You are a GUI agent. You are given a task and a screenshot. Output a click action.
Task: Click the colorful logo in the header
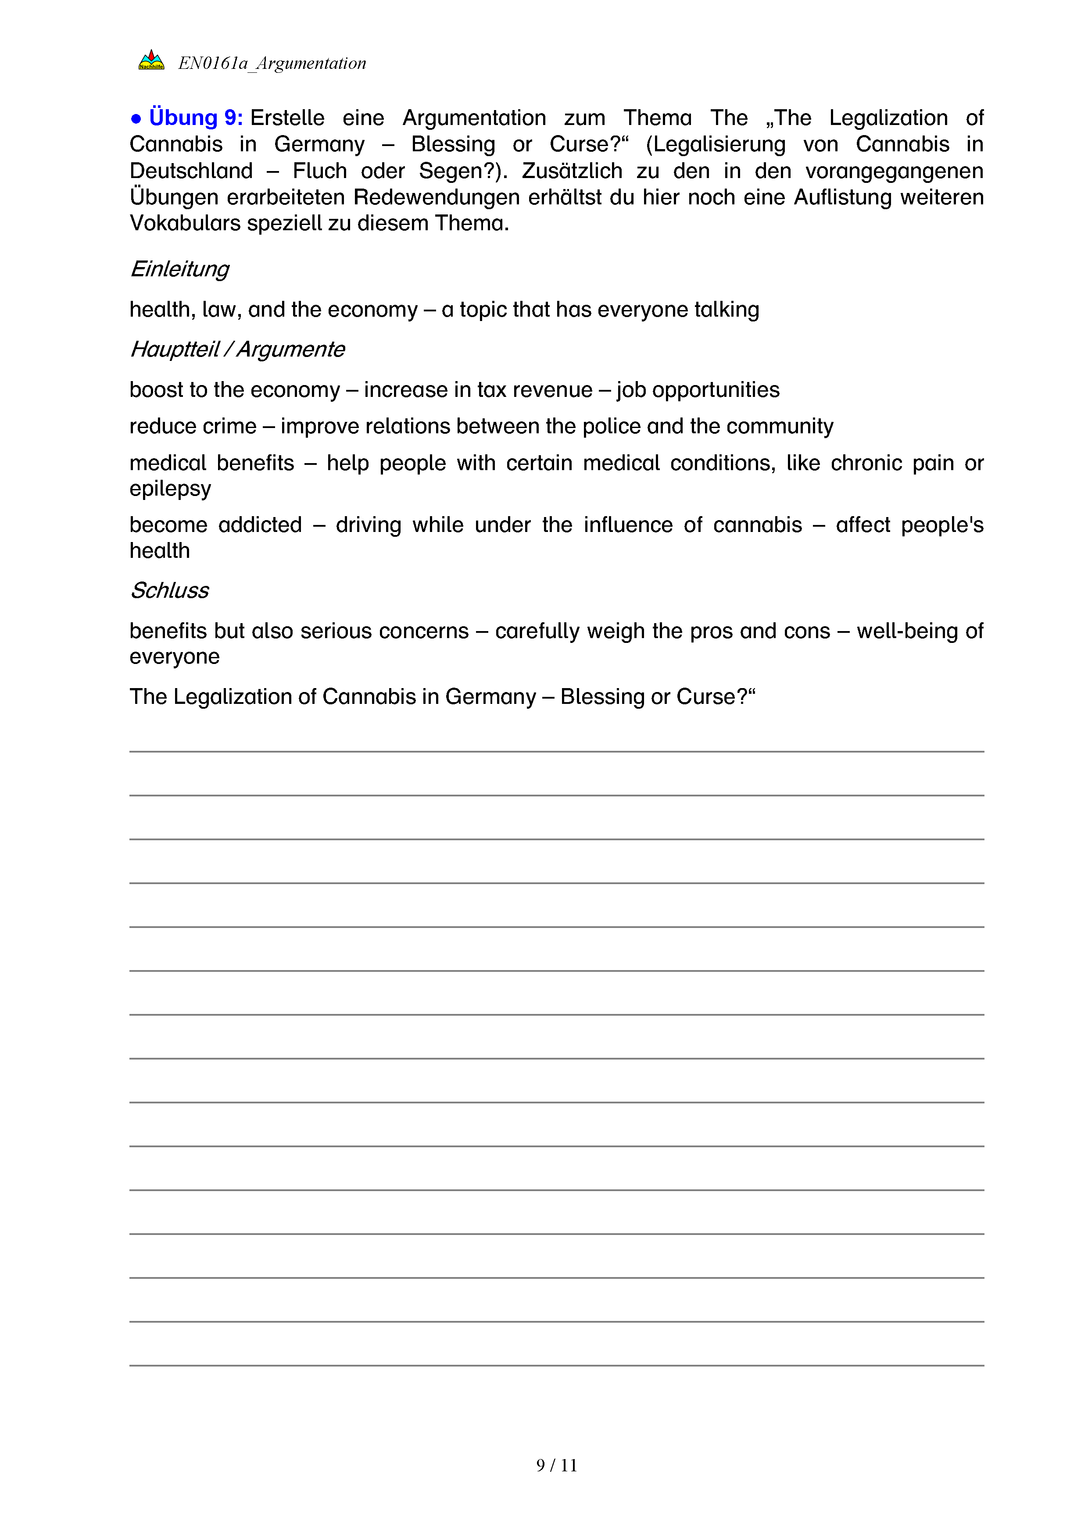point(151,61)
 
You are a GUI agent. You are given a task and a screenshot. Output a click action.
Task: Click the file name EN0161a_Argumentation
point(272,64)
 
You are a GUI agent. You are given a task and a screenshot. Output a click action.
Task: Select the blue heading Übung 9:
point(196,118)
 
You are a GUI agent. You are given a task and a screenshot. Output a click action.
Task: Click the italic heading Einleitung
point(179,269)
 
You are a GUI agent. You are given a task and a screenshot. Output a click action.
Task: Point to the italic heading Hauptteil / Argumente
point(237,350)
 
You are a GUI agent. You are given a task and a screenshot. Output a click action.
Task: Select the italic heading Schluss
point(169,591)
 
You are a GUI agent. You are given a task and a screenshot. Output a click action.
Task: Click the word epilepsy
point(170,489)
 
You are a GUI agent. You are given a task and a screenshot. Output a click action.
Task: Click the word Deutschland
point(191,171)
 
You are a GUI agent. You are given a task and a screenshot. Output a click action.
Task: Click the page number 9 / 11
point(557,1466)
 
